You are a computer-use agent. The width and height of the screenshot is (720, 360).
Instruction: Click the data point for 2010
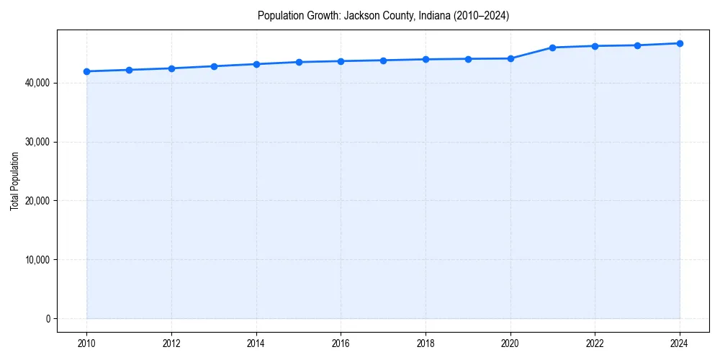point(86,71)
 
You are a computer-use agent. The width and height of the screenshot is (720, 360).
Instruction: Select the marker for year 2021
point(552,48)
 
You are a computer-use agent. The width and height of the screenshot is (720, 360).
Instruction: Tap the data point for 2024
point(680,43)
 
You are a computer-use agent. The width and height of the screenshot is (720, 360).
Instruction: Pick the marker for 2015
point(299,62)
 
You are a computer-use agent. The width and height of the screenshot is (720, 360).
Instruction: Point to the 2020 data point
point(510,58)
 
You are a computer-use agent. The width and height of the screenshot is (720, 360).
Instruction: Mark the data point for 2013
point(214,66)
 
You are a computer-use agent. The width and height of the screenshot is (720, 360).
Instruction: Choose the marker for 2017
point(383,60)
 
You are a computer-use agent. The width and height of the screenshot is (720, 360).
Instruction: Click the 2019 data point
point(468,59)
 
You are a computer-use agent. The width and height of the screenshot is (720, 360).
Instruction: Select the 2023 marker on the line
point(637,45)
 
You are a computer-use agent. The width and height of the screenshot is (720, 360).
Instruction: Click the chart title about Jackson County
point(383,16)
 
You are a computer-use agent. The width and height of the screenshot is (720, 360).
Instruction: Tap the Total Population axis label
point(14,181)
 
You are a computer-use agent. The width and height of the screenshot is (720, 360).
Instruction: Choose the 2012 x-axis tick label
point(171,344)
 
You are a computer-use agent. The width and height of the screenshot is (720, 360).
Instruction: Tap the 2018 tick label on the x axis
point(426,344)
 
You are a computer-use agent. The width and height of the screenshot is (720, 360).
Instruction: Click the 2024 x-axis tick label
point(680,344)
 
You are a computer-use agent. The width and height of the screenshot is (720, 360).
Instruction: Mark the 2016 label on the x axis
point(341,344)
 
